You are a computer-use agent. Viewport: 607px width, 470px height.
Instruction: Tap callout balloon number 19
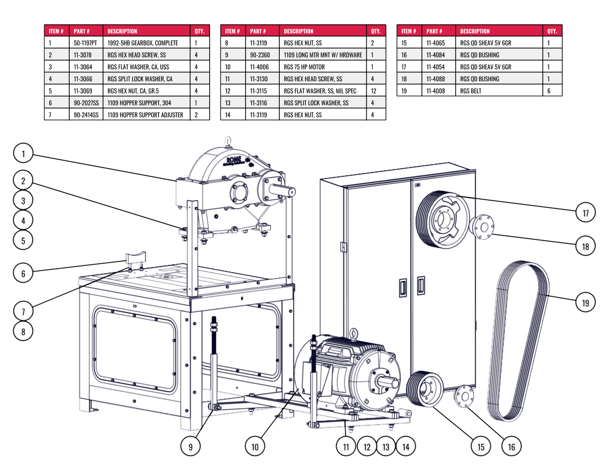(585, 302)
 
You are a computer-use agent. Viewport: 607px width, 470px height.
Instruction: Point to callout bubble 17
(585, 212)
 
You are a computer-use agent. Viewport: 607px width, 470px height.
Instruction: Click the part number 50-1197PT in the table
(85, 43)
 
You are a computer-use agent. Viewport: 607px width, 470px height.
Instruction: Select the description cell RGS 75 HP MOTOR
(304, 67)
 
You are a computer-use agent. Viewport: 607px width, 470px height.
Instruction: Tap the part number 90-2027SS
(86, 103)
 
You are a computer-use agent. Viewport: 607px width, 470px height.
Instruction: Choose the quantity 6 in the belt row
(548, 91)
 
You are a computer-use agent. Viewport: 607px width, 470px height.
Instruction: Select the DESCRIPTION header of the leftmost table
(122, 31)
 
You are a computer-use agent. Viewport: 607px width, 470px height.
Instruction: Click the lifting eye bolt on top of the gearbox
(227, 141)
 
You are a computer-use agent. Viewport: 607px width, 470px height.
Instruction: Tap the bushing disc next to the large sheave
(482, 226)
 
